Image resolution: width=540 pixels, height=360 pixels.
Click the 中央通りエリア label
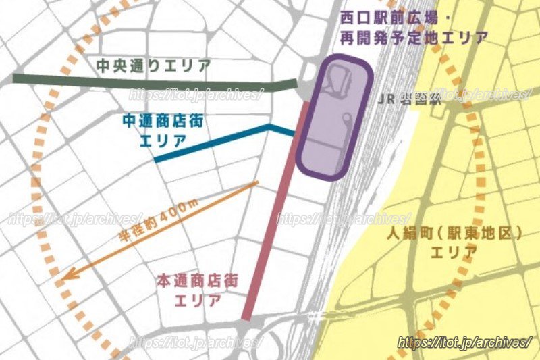tap(153, 66)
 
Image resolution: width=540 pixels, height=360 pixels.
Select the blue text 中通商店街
tap(163, 122)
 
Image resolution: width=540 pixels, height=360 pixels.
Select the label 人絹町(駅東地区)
tap(456, 234)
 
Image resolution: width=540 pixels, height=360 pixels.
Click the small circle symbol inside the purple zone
tap(346, 119)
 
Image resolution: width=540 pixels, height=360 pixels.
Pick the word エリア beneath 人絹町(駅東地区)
tap(454, 253)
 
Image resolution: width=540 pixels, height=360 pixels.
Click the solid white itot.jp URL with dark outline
tap(464, 343)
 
